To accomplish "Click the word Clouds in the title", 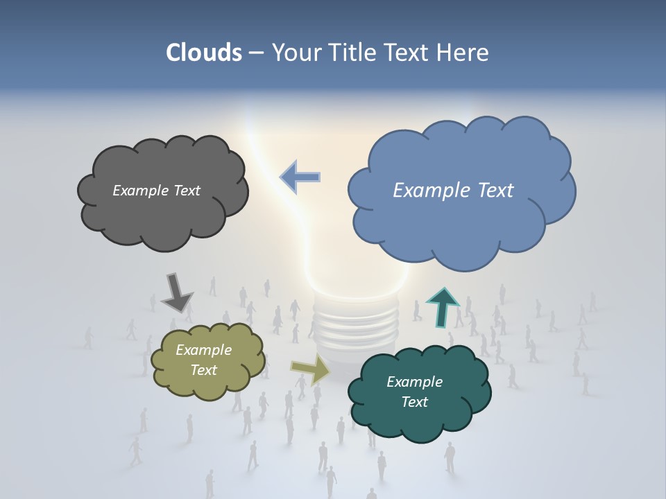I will tap(203, 53).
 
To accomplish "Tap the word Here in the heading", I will tap(464, 53).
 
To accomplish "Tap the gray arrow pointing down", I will tap(176, 292).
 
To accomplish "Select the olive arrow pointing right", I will tap(310, 369).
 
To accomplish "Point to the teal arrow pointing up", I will tap(443, 307).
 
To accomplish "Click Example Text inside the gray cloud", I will tap(156, 191).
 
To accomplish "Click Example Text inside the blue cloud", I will tap(453, 191).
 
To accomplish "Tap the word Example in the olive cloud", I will tap(203, 350).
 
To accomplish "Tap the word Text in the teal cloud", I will tap(414, 403).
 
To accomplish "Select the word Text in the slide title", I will tap(409, 53).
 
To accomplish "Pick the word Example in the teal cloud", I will tap(414, 382).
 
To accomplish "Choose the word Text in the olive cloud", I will tap(203, 370).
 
